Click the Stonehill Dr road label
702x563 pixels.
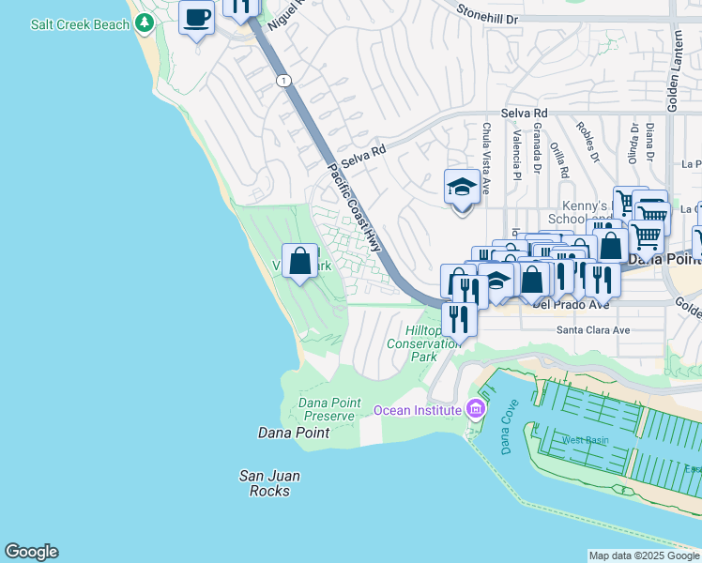click(x=487, y=13)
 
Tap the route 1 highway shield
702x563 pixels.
click(x=282, y=82)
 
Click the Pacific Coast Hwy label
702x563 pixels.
click(x=356, y=207)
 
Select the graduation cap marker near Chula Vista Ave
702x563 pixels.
click(x=462, y=188)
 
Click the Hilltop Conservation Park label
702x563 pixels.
click(x=424, y=343)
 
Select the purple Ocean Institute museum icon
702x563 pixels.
click(x=476, y=409)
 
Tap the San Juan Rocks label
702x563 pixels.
click(x=268, y=482)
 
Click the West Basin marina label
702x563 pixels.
click(x=585, y=439)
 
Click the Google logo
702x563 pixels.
click(x=31, y=552)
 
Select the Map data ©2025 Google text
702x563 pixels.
click(x=643, y=555)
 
